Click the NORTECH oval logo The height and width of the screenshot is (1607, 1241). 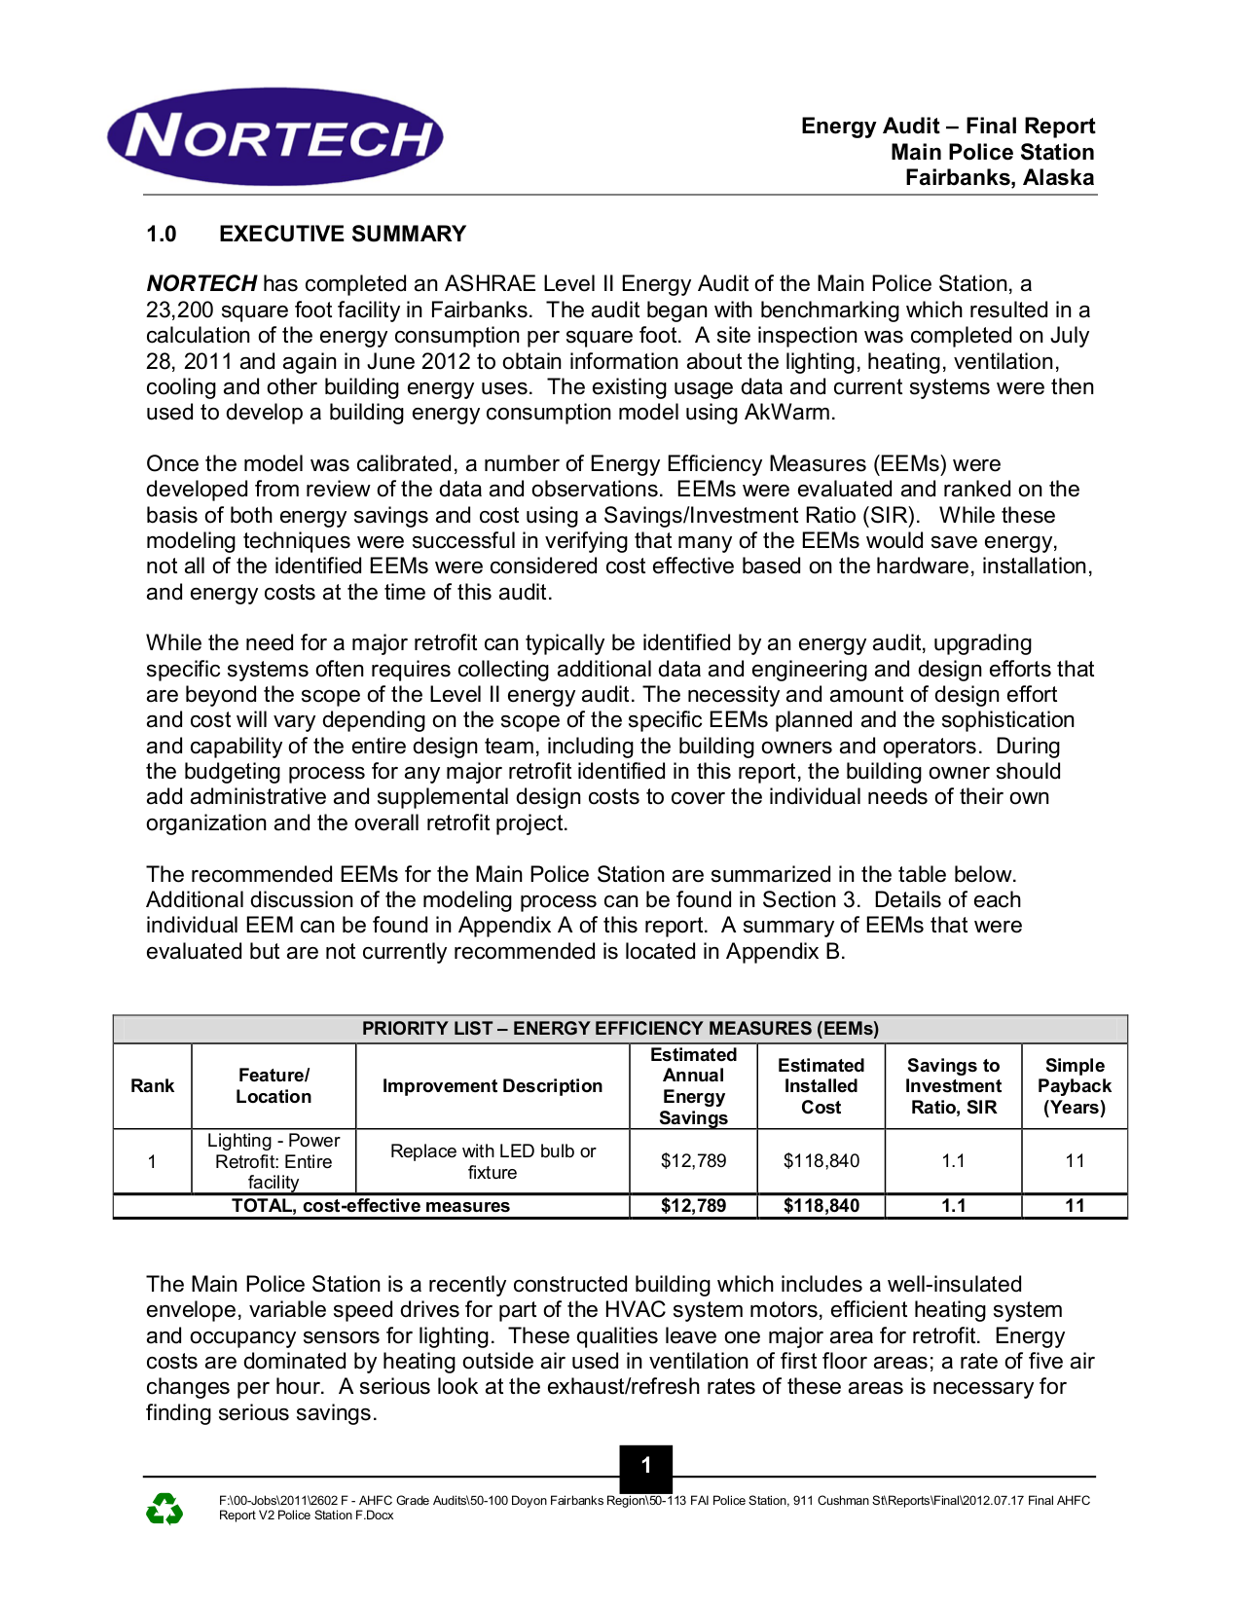[x=275, y=137]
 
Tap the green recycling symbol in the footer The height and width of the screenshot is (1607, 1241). [x=164, y=1509]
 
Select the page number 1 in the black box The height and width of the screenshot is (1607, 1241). [x=645, y=1466]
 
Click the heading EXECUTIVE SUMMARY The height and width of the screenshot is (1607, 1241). [x=343, y=234]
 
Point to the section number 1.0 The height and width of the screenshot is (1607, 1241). [x=162, y=234]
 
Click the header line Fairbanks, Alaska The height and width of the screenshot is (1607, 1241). [x=1000, y=178]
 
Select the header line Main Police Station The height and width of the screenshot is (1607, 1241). [x=992, y=152]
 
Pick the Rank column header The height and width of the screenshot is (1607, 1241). [x=153, y=1086]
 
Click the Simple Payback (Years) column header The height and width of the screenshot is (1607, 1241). [x=1074, y=1086]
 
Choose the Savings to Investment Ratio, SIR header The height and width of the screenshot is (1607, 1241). [x=953, y=1086]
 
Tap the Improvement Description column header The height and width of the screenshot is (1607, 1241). [x=493, y=1086]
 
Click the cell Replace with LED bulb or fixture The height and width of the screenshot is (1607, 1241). [x=493, y=1161]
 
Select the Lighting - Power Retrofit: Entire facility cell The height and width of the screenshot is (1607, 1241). [x=274, y=1161]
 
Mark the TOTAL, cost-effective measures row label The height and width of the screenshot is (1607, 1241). [x=371, y=1206]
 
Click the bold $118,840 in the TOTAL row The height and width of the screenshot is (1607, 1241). [x=821, y=1206]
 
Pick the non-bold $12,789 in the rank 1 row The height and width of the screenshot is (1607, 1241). [x=693, y=1161]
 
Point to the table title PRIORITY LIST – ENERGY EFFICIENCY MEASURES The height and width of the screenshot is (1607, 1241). [x=620, y=1029]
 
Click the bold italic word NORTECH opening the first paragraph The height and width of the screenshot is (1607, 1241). [x=201, y=284]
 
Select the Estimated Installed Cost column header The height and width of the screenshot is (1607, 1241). [x=821, y=1086]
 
